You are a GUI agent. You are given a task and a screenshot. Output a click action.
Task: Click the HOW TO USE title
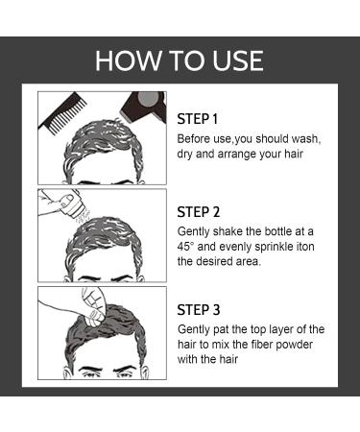(180, 61)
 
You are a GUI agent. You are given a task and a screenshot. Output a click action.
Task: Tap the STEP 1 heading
(199, 118)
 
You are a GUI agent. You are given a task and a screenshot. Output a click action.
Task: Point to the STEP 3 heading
(200, 309)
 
